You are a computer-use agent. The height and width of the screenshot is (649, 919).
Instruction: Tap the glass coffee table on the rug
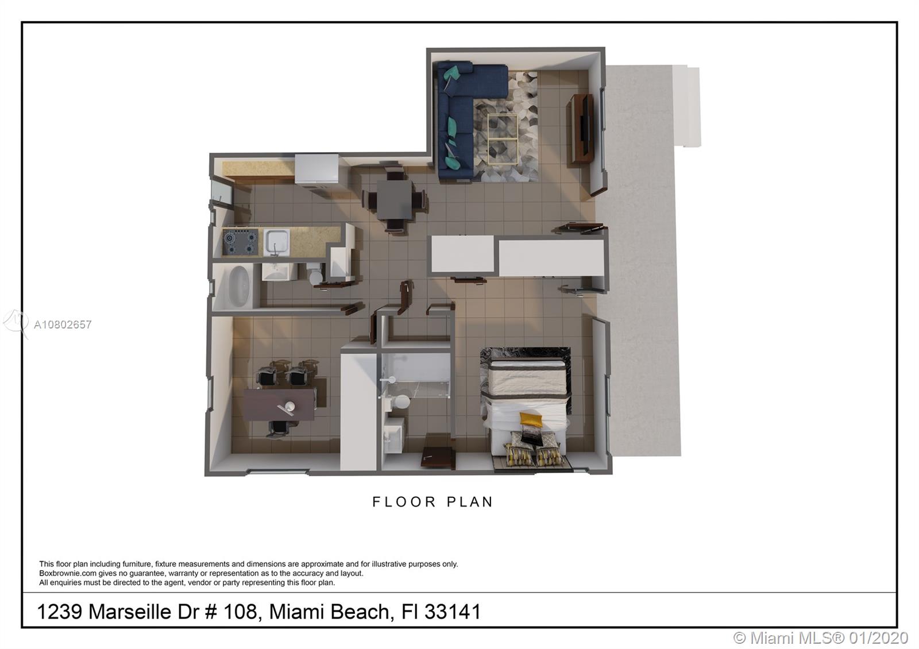[503, 140]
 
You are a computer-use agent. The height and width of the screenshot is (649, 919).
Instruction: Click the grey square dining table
[395, 199]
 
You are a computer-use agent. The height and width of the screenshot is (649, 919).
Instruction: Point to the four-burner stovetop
[241, 241]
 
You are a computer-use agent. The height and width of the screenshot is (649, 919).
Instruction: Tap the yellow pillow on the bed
[531, 419]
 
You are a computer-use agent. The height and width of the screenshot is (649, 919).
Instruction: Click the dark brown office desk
[279, 404]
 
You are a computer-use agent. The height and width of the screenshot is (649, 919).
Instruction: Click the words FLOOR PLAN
[433, 502]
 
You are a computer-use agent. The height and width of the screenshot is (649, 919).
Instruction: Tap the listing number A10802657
[63, 324]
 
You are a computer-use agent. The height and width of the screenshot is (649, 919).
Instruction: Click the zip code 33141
[452, 612]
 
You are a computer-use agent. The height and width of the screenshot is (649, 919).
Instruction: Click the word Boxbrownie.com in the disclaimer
[68, 574]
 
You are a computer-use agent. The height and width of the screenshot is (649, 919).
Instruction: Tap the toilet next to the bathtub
[316, 274]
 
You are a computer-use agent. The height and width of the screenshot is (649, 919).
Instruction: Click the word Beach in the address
[360, 612]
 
